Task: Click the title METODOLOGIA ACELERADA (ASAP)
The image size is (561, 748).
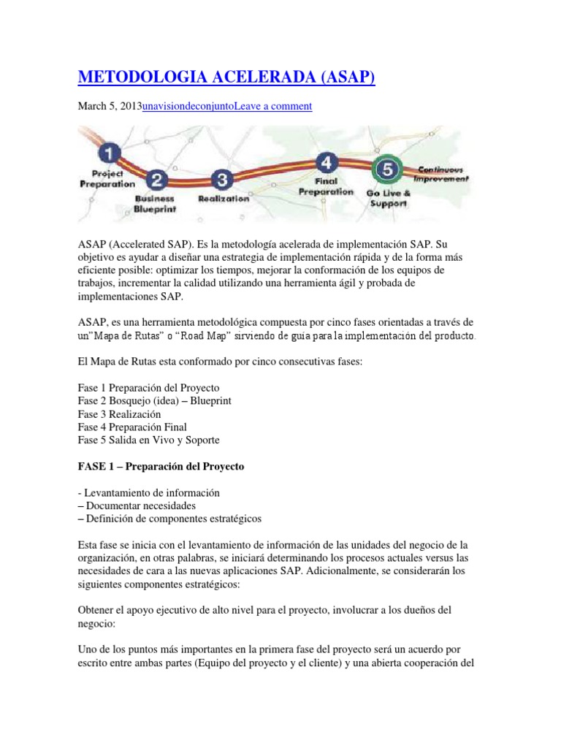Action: coord(226,77)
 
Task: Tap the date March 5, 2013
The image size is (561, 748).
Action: coord(110,106)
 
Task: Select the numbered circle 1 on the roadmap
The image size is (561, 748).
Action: coord(109,153)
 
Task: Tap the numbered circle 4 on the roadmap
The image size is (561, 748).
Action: coord(327,162)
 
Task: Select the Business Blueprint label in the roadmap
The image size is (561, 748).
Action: coord(156,202)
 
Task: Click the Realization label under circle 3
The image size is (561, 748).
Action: coord(224,198)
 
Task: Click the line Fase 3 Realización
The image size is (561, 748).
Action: coord(119,413)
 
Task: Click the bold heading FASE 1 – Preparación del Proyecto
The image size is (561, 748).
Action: coord(161,467)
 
